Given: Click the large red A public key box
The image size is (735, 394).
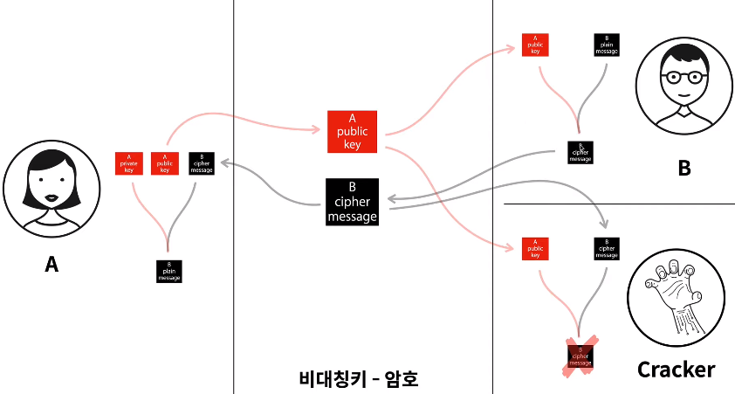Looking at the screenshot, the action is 352,132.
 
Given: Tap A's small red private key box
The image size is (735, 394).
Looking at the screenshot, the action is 129,163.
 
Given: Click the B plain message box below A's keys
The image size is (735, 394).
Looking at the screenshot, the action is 169,271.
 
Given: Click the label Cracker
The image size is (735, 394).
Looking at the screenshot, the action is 676,370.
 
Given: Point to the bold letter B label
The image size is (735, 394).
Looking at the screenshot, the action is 683,169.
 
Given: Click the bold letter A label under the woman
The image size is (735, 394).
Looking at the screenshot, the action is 52,263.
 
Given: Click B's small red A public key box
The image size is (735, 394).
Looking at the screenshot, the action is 535,45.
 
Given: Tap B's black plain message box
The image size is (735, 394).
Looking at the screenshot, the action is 607,45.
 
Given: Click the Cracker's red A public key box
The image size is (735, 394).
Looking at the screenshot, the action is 535,249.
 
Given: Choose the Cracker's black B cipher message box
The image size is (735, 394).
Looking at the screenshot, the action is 607,249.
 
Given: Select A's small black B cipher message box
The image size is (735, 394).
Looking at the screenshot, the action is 201,163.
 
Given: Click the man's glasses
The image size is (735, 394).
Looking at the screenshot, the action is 683,76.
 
